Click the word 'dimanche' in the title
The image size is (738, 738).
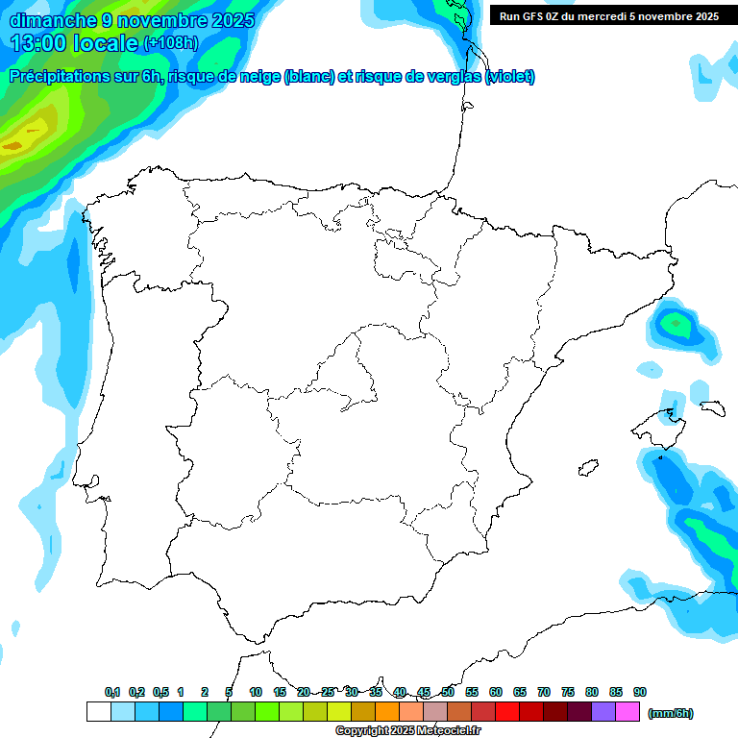point(50,20)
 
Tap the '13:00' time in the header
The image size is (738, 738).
point(38,42)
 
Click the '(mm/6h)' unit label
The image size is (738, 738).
point(671,713)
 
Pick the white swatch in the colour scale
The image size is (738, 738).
point(98,712)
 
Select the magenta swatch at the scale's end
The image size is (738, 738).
point(627,712)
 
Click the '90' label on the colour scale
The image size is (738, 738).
point(640,692)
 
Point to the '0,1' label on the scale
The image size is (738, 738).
point(112,692)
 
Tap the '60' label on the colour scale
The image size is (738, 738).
point(496,692)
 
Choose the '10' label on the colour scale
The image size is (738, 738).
point(256,692)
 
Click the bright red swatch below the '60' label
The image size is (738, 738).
point(507,712)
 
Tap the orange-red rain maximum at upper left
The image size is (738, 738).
point(13,146)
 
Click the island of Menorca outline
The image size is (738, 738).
point(711,406)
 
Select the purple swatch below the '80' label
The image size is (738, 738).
point(603,712)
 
